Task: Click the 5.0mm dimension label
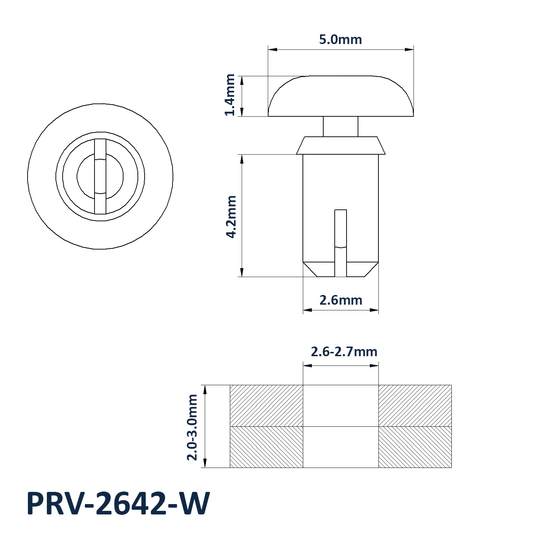point(340,39)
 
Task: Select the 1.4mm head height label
point(230,95)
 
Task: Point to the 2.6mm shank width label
point(341,300)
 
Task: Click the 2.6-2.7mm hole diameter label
point(344,352)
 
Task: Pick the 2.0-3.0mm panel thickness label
point(193,427)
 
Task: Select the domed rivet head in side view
point(341,97)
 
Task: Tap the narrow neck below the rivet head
point(340,126)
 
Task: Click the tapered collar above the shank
point(341,145)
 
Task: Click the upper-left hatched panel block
point(266,406)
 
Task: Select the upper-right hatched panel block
point(415,406)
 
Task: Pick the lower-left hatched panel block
point(266,447)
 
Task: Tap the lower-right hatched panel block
point(415,447)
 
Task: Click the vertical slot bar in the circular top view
point(101,176)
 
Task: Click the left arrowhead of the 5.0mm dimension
point(272,49)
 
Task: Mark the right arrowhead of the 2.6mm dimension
point(374,310)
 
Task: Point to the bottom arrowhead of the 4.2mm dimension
point(242,272)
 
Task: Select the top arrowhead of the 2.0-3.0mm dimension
point(205,390)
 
